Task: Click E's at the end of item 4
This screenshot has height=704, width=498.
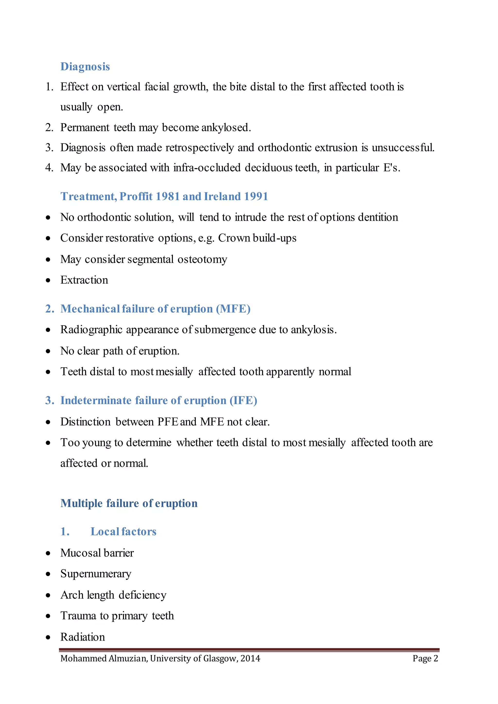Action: click(x=391, y=168)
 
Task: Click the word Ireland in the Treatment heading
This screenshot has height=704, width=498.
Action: click(x=222, y=196)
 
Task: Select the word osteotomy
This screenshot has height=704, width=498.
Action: click(x=202, y=259)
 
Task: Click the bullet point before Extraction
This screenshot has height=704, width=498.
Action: click(x=48, y=280)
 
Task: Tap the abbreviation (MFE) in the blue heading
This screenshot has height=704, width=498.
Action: click(x=233, y=309)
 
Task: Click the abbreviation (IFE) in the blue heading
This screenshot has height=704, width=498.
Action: click(x=243, y=400)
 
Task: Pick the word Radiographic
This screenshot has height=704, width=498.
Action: click(x=91, y=330)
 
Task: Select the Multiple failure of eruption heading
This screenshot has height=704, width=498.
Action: click(x=129, y=503)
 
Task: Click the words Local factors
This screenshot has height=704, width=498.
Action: click(x=123, y=532)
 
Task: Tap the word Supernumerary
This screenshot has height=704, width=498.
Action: click(x=96, y=574)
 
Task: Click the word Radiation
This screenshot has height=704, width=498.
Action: click(x=82, y=637)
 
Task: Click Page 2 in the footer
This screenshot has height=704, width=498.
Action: click(x=425, y=658)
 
